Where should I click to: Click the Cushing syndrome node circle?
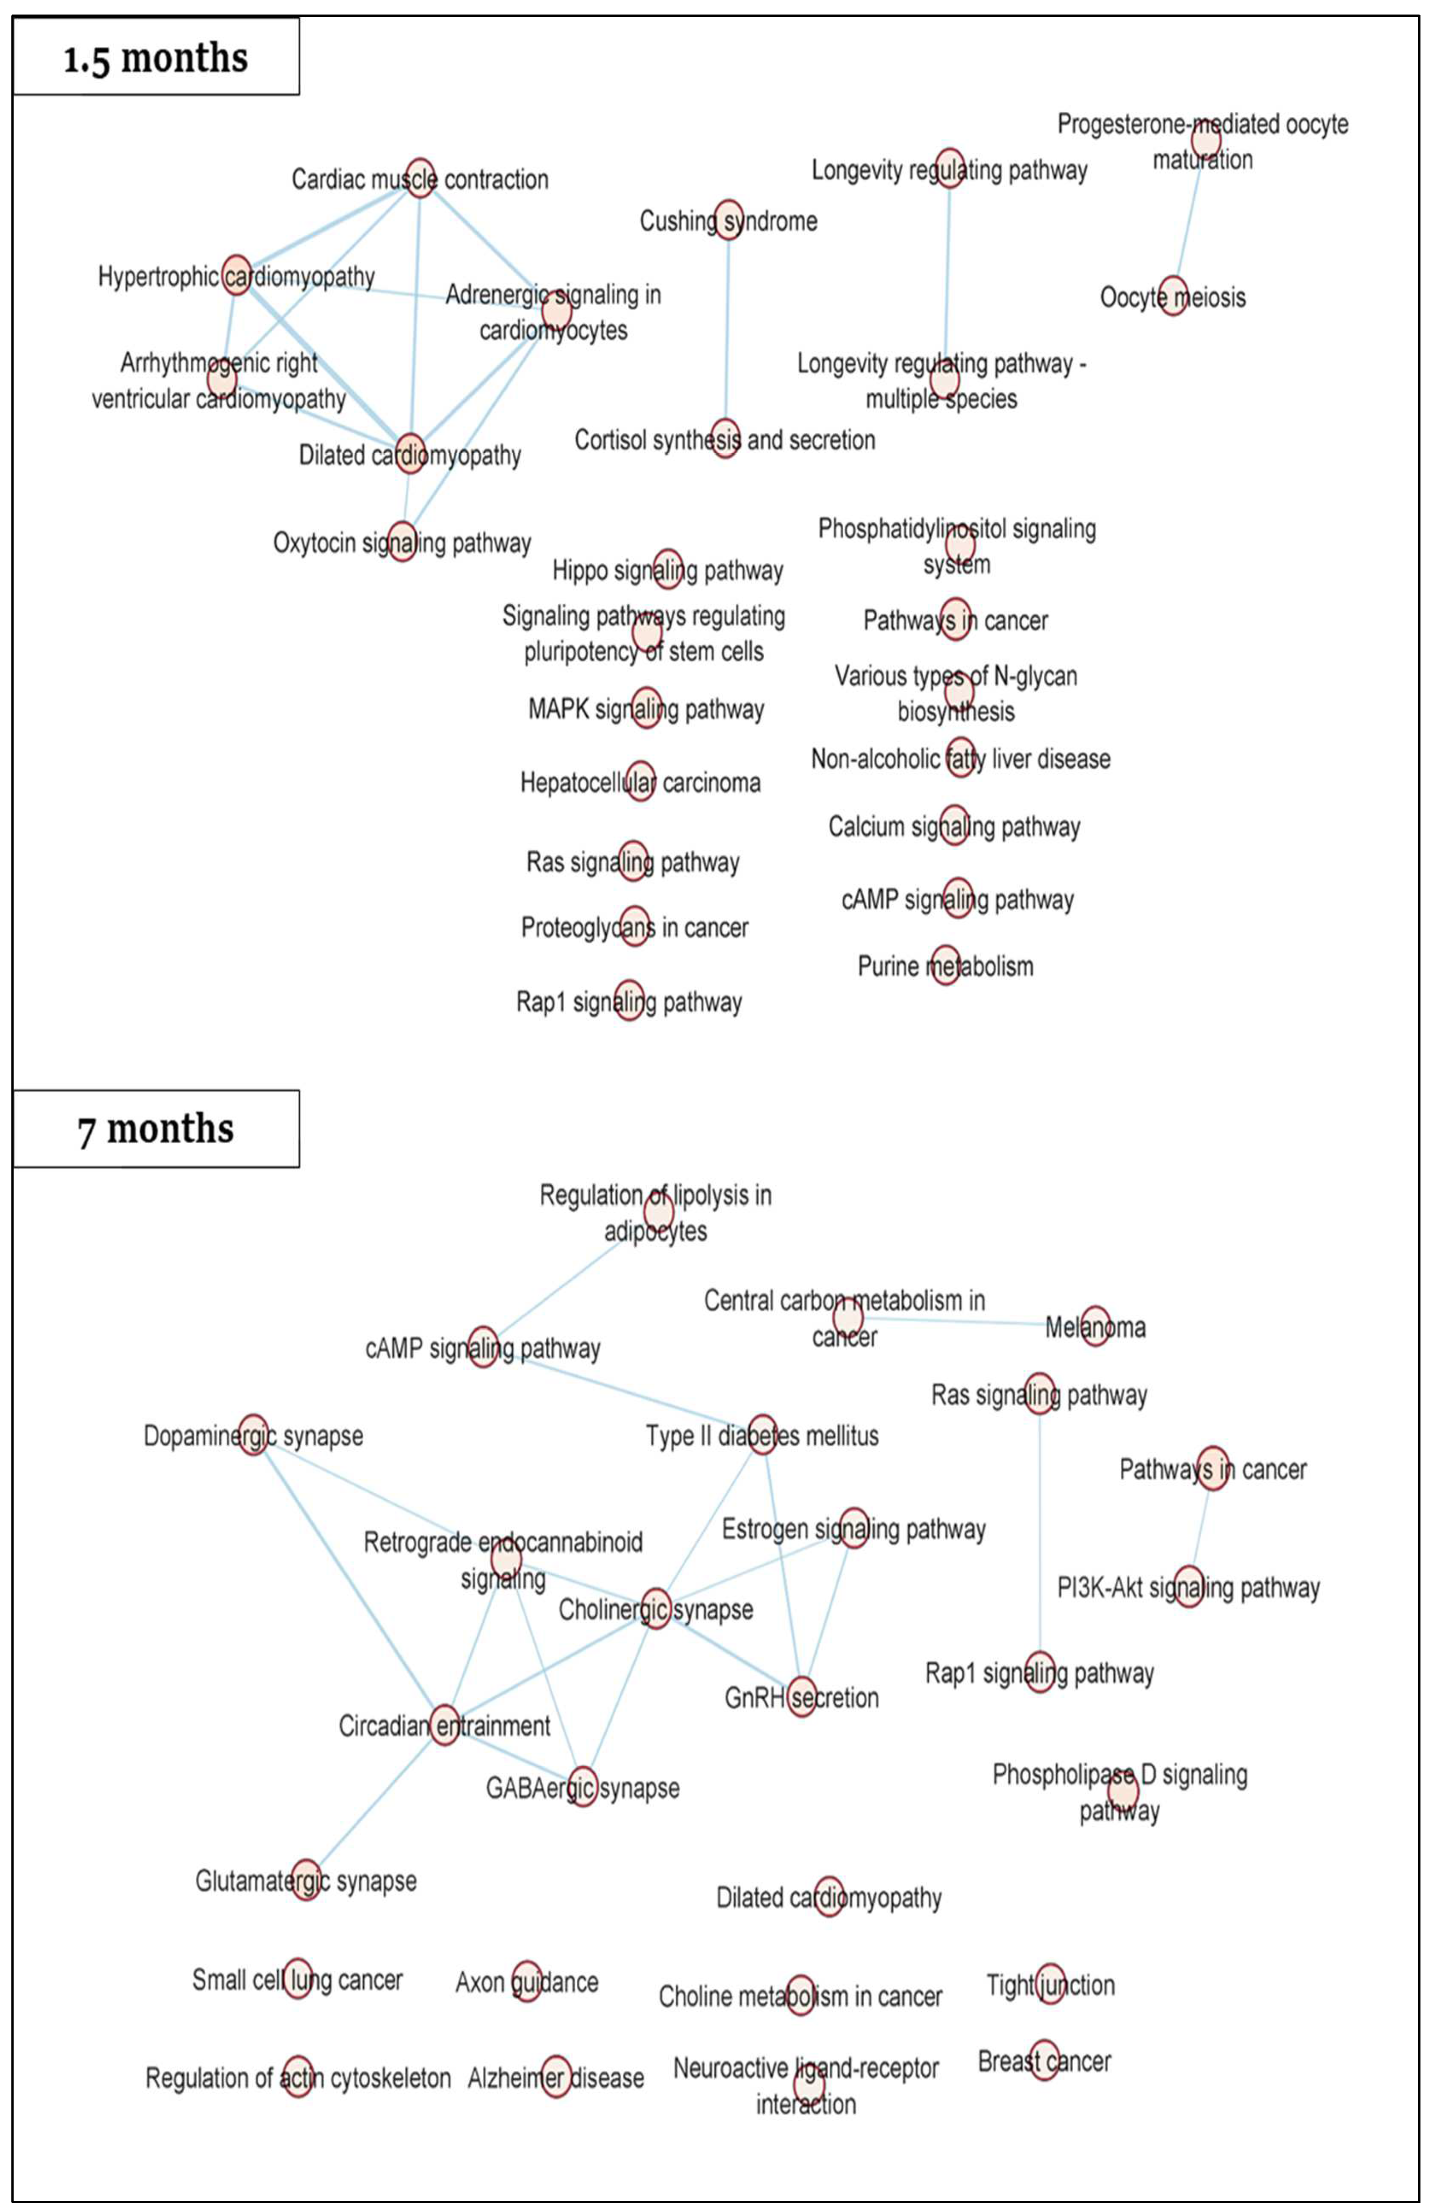click(729, 219)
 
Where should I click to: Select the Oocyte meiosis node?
click(1173, 296)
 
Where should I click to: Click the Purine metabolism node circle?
click(945, 965)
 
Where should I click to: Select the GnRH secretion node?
click(801, 1696)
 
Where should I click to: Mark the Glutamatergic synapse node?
click(306, 1879)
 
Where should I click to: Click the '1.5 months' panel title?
click(156, 58)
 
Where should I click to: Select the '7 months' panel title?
click(156, 1128)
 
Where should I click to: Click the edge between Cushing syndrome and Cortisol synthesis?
click(727, 330)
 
